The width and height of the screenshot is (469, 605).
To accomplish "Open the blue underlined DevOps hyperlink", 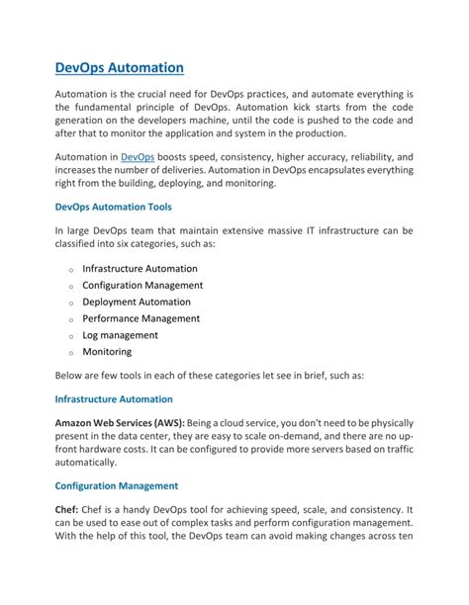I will click(x=138, y=157).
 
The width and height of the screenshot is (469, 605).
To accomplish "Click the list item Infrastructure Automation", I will click(x=140, y=268).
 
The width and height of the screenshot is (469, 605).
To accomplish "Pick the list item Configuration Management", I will click(x=142, y=285).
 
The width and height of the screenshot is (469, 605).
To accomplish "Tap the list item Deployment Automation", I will click(x=137, y=302).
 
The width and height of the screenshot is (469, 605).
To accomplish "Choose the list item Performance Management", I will click(x=141, y=318).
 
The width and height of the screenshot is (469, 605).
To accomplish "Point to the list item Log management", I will click(x=120, y=335).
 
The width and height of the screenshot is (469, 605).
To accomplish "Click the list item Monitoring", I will click(x=107, y=351).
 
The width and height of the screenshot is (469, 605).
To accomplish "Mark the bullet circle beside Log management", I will click(x=71, y=337).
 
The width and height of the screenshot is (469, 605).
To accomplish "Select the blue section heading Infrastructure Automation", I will click(x=113, y=399).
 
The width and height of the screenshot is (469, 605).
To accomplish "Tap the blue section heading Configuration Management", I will click(x=116, y=486).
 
